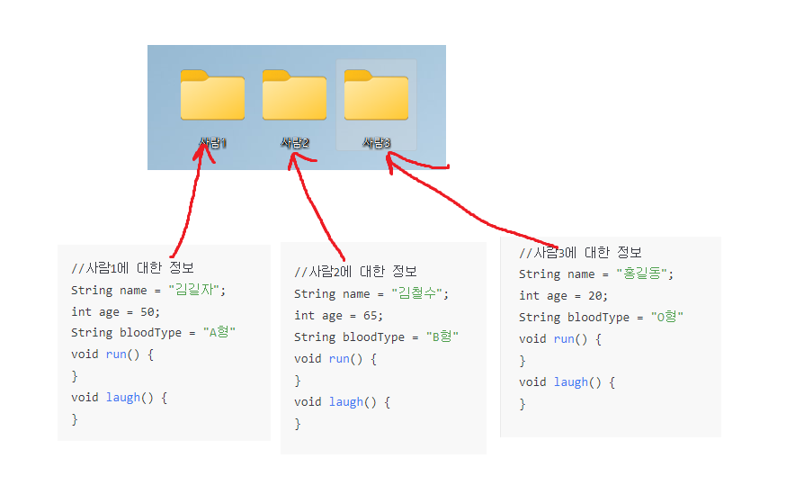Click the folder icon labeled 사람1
pos(212,95)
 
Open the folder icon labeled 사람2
pos(294,95)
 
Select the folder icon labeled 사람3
pos(376,95)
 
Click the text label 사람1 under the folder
pos(213,143)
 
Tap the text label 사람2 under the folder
pos(295,143)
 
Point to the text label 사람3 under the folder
pos(377,143)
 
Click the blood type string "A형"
pos(219,333)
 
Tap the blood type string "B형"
pos(442,337)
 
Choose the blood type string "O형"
pos(667,317)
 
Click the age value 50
pos(149,311)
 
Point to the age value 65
pos(372,315)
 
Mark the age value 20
pos(597,295)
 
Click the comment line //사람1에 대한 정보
pos(133,268)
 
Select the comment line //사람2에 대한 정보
pos(356,272)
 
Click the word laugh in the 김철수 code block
pos(347,401)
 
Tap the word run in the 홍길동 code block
pos(564,338)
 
